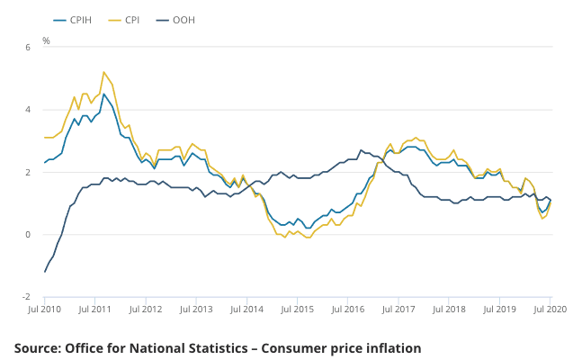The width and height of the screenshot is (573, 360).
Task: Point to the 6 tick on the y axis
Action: tap(27, 47)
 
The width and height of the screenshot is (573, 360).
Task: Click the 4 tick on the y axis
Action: tap(27, 110)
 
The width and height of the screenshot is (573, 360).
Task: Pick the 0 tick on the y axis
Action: tap(27, 235)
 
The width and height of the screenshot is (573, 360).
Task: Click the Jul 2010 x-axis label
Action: tap(46, 309)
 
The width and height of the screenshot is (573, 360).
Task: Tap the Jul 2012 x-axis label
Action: tap(147, 309)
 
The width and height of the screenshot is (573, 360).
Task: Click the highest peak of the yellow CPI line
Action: tap(103, 72)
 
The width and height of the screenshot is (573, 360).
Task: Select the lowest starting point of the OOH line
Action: tap(45, 272)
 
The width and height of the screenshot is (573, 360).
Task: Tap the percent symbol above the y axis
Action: tap(46, 41)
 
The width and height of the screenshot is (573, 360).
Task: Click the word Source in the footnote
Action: tap(40, 347)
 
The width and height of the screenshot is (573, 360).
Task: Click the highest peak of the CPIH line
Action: tap(103, 94)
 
